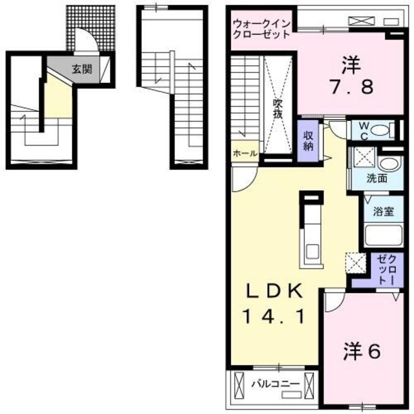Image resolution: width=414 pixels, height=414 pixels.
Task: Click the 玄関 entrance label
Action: point(81,69)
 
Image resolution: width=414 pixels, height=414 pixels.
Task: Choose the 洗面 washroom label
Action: point(377,178)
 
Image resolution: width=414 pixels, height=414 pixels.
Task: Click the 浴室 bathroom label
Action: point(384,212)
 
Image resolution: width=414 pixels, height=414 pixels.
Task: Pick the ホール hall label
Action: point(246,153)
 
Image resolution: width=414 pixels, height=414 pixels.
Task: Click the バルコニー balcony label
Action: point(275,384)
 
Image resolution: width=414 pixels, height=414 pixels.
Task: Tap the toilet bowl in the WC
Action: point(382,129)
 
